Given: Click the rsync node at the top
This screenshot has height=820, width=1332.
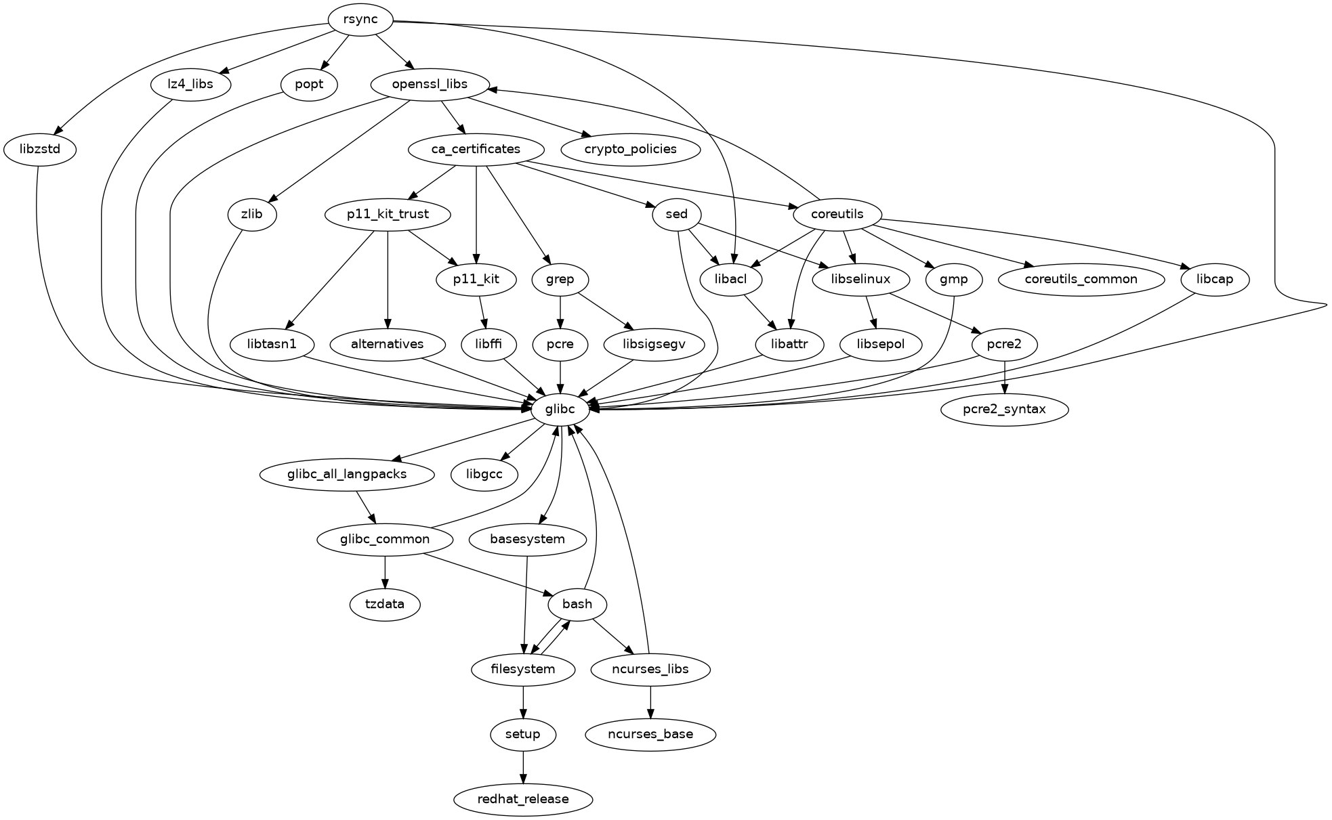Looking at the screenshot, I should [x=360, y=20].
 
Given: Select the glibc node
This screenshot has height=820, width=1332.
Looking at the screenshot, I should [x=560, y=409].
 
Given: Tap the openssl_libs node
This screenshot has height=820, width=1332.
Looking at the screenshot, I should [x=430, y=85].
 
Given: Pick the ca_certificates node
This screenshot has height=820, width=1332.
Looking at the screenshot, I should [x=476, y=149].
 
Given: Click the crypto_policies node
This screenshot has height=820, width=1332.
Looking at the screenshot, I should [x=631, y=149].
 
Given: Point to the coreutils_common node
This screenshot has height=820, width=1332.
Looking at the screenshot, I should [x=1081, y=279].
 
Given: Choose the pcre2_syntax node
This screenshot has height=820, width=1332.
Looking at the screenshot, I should [x=1004, y=409].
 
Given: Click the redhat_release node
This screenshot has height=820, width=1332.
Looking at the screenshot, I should [x=523, y=799].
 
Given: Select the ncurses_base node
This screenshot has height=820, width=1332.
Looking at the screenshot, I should [x=650, y=734].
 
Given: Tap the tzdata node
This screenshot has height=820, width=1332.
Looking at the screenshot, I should [x=385, y=604].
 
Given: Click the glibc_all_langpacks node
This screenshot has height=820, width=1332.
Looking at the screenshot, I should [x=347, y=474].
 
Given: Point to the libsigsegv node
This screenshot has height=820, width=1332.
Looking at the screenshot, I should [x=654, y=344].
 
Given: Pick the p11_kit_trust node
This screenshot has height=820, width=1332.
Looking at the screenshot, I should [x=388, y=215].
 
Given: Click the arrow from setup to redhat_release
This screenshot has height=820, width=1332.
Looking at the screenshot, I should [x=523, y=767].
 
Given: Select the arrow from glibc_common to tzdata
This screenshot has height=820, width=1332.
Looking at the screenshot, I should [x=385, y=572].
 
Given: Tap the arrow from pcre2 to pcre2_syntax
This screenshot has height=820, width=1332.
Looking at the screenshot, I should [x=1004, y=377].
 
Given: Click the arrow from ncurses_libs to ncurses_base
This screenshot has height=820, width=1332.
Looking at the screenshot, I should [x=650, y=702].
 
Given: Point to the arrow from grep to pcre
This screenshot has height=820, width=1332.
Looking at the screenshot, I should [x=560, y=312].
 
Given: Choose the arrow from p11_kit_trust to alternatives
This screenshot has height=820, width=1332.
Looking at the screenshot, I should [x=388, y=280].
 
